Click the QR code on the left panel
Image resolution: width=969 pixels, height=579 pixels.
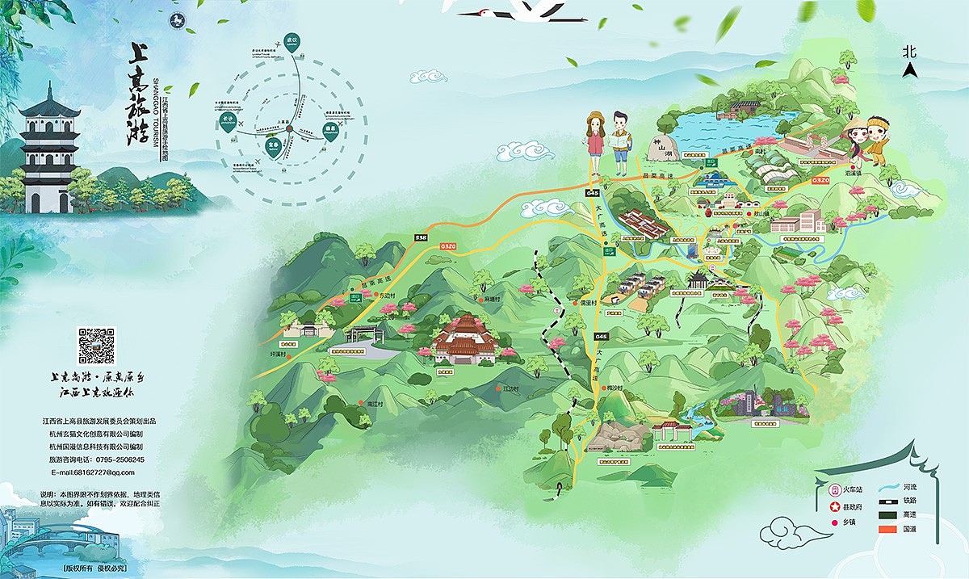coord(97,345)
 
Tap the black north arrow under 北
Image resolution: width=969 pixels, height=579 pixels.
coord(910,69)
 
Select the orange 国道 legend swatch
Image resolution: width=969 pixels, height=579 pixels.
coord(890,529)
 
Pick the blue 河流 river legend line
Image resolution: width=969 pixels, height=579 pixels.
coord(890,489)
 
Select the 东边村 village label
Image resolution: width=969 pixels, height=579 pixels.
coord(389,296)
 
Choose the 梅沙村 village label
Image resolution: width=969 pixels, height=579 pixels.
coord(615,388)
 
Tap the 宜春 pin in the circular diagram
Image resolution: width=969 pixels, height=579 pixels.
coord(272,146)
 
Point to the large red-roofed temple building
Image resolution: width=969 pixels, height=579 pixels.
coord(465,338)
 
